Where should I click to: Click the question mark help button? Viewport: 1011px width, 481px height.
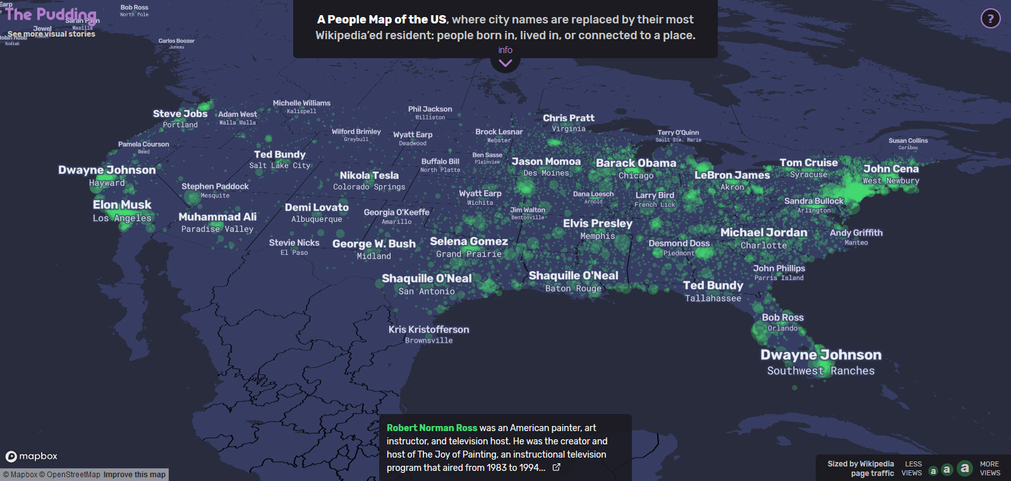990,19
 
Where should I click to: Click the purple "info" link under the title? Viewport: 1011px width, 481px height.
505,50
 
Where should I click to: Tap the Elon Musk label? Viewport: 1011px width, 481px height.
122,205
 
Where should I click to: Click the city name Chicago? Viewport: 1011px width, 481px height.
636,176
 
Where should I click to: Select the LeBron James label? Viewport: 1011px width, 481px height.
732,175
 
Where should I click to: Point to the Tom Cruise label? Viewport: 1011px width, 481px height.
808,162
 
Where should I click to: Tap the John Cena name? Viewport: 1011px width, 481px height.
891,169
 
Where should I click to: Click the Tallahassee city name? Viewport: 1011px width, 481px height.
713,298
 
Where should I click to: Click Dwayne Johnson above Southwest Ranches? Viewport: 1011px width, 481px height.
821,355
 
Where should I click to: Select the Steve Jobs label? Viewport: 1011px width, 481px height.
180,114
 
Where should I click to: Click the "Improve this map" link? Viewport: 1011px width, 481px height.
134,475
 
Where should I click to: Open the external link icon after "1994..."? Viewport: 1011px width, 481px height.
556,468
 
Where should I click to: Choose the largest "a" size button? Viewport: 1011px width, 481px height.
964,468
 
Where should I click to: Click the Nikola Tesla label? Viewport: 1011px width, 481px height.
369,175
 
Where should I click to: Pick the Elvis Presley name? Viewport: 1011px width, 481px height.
597,223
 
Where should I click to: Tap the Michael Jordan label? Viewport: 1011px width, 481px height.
763,233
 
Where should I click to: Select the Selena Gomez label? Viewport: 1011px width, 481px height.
468,241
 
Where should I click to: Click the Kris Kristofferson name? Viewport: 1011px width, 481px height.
428,329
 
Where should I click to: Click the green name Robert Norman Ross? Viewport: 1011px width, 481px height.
432,428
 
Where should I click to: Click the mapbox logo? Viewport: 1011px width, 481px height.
32,456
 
